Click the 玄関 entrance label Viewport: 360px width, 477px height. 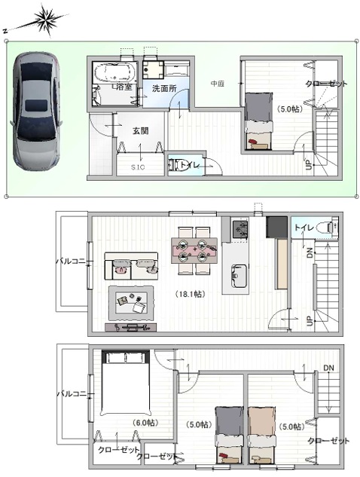click(x=140, y=130)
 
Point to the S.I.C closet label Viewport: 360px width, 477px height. click(x=138, y=167)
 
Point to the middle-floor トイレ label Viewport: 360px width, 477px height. click(x=304, y=227)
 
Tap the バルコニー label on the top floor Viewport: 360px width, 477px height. click(x=72, y=393)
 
